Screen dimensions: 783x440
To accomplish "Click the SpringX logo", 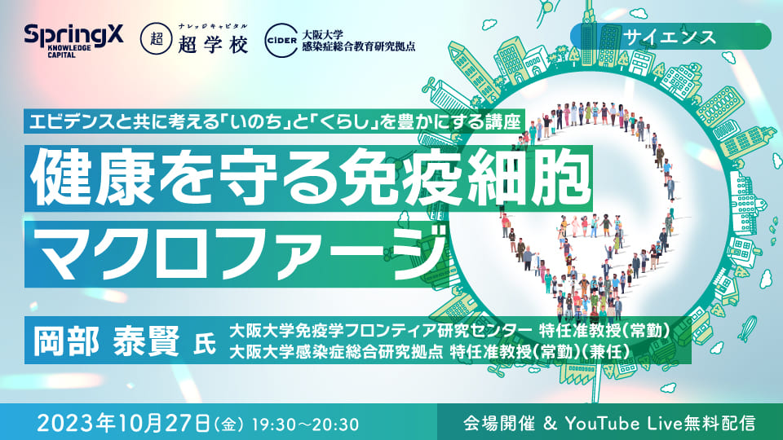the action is pyautogui.click(x=73, y=40).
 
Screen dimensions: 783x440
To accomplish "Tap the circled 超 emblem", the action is pyautogui.click(x=157, y=39).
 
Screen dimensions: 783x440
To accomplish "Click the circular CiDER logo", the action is pyautogui.click(x=281, y=41).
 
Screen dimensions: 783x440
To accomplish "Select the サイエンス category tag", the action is pyautogui.click(x=670, y=37).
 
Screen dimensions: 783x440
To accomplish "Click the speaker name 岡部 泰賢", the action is pyautogui.click(x=106, y=341).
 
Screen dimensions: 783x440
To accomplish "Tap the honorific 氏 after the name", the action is pyautogui.click(x=205, y=344).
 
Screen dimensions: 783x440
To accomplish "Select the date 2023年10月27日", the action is pyautogui.click(x=123, y=423).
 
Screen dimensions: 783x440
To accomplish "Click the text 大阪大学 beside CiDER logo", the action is pyautogui.click(x=323, y=35).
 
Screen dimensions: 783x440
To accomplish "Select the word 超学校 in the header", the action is pyautogui.click(x=213, y=45).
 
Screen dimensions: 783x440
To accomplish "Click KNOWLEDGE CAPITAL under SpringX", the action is pyautogui.click(x=69, y=51).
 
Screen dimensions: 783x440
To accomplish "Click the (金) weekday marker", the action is pyautogui.click(x=229, y=425).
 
